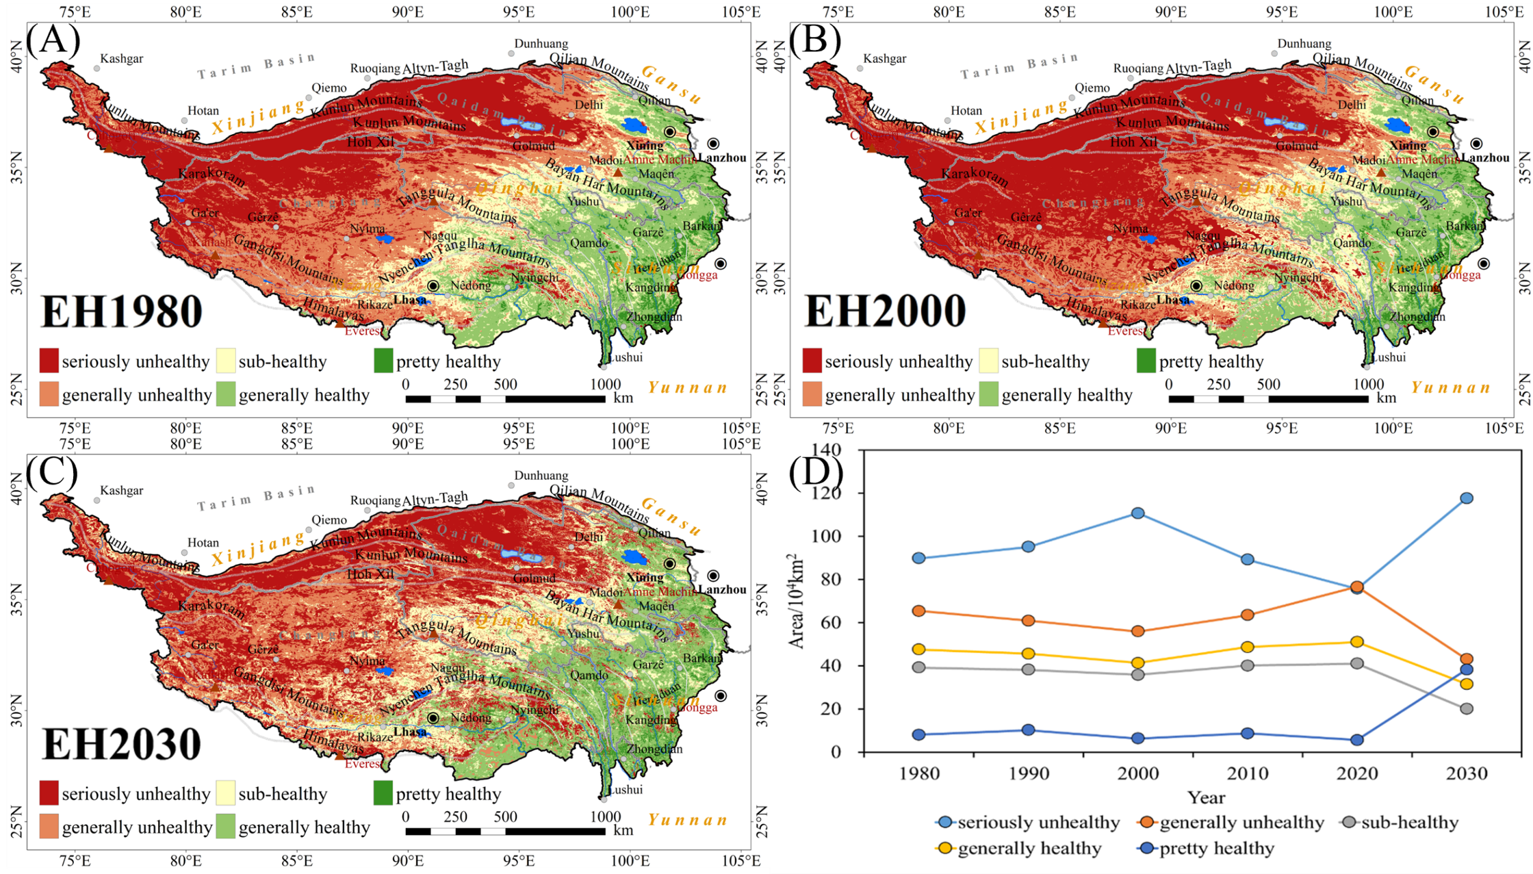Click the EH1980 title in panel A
(x=122, y=312)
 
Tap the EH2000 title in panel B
(x=885, y=312)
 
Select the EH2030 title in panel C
(x=122, y=745)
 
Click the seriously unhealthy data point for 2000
(x=1138, y=513)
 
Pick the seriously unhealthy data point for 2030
(x=1467, y=498)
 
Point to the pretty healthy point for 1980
(x=919, y=735)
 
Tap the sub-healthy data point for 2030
(x=1467, y=709)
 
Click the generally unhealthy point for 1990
(x=1029, y=621)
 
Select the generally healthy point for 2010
(x=1248, y=647)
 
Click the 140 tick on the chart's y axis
(x=825, y=450)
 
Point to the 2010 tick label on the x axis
(x=1248, y=774)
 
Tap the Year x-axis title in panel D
(x=1206, y=798)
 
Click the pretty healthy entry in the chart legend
(x=1216, y=849)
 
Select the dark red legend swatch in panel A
(x=49, y=360)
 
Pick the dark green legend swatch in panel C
(x=383, y=793)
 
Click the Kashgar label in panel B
(x=884, y=59)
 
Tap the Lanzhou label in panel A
(x=722, y=157)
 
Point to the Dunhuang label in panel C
(x=541, y=476)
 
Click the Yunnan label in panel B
(x=1451, y=388)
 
